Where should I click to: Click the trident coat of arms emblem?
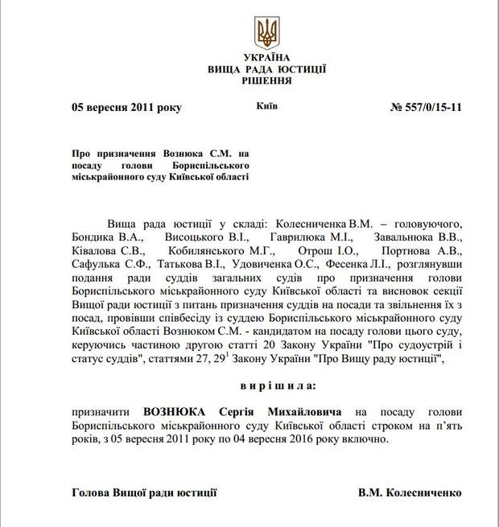(266, 33)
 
